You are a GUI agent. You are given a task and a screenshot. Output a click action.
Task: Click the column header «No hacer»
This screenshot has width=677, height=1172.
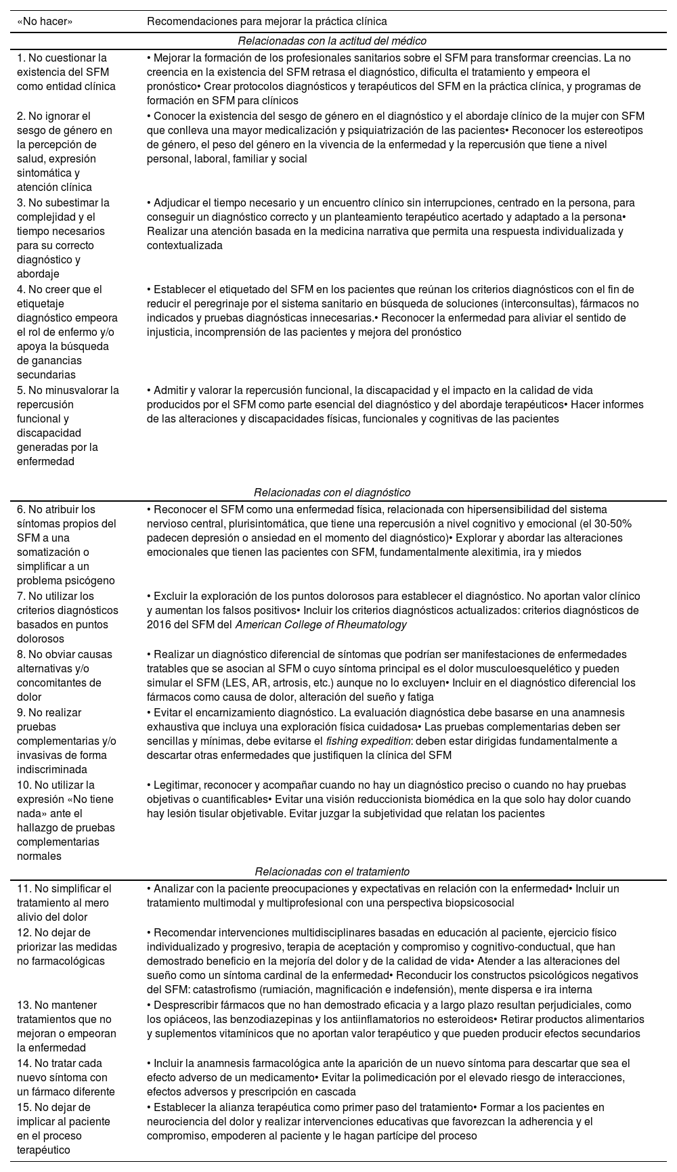[x=45, y=21]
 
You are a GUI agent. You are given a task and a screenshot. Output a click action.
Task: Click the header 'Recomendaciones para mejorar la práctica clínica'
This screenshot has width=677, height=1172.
[x=267, y=21]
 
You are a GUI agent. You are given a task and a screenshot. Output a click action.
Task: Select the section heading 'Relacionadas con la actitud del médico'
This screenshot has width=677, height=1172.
[x=332, y=41]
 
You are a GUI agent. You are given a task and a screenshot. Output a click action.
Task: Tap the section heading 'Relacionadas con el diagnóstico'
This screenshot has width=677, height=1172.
[x=332, y=492]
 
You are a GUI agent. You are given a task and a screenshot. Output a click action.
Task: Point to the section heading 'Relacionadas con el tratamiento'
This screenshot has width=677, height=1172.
[x=332, y=871]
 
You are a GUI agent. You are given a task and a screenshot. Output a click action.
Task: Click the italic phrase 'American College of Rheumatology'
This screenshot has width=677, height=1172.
[x=321, y=624]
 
